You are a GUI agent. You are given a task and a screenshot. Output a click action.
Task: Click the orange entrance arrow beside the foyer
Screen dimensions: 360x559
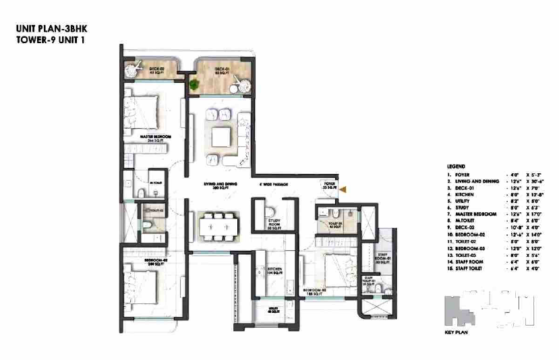coord(342,190)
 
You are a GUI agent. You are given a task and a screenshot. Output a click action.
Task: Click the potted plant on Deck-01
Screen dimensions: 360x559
coord(196,85)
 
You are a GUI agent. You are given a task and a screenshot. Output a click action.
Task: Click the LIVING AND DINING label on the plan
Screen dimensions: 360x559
coord(218,185)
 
